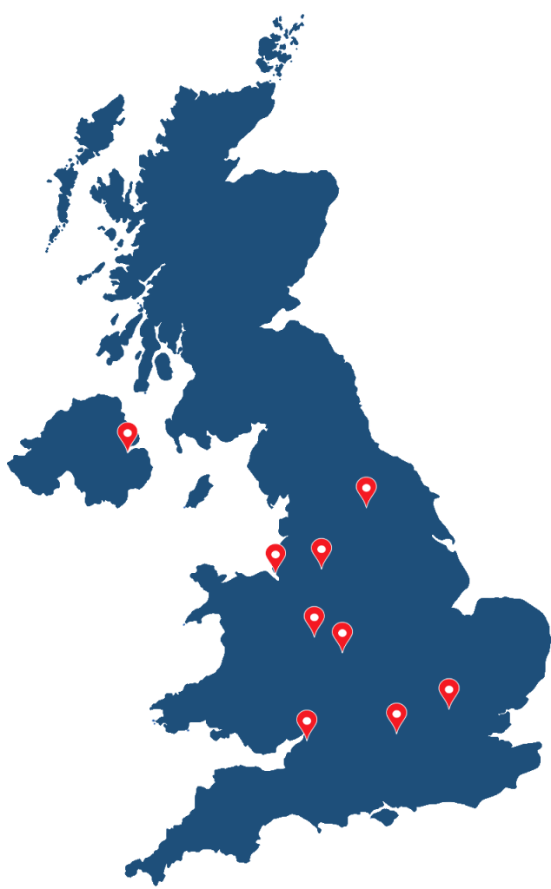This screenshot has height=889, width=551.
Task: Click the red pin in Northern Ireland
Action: [128, 433]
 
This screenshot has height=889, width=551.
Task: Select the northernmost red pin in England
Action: [366, 489]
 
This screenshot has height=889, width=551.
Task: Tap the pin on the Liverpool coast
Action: [275, 555]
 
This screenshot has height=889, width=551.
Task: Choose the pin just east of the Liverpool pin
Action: [322, 550]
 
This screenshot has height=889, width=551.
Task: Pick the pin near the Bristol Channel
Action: [307, 721]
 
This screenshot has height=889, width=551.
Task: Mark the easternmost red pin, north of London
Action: [448, 690]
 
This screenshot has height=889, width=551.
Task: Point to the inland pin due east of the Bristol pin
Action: [396, 714]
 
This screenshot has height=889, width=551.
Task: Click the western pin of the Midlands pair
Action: [314, 618]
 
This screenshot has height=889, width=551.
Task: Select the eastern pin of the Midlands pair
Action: [342, 634]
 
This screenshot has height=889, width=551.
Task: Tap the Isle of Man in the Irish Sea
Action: [198, 491]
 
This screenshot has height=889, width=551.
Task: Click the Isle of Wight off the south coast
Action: [382, 816]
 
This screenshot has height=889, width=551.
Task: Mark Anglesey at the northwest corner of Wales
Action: [206, 575]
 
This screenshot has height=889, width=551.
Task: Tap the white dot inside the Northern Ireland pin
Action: [128, 431]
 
